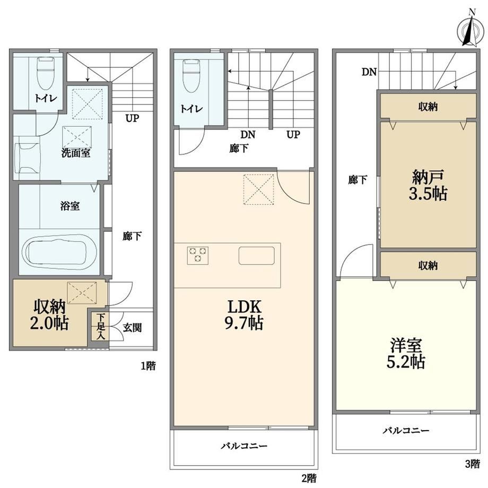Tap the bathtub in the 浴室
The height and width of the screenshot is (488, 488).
click(x=56, y=250)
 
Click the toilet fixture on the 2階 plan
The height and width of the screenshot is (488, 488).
click(x=191, y=76)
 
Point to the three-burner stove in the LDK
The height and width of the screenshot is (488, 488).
click(x=198, y=256)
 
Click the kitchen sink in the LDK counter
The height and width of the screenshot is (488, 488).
click(x=257, y=256)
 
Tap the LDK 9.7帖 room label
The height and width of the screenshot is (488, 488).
click(x=245, y=315)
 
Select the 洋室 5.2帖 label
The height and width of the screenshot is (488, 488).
click(x=406, y=353)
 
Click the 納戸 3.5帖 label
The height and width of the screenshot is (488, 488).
click(x=428, y=185)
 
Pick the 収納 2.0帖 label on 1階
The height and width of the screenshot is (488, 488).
click(x=49, y=315)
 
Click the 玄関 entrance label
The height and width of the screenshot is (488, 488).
click(x=132, y=327)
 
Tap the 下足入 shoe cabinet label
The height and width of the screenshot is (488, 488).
click(x=101, y=326)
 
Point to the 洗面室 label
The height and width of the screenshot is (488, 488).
click(x=76, y=153)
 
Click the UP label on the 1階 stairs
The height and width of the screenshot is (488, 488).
click(x=132, y=118)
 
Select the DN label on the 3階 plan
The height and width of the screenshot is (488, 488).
click(x=369, y=72)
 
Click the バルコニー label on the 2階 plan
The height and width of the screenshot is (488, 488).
click(x=245, y=446)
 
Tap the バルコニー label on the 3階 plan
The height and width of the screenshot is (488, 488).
click(x=406, y=430)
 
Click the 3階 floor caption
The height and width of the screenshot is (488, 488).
click(x=473, y=464)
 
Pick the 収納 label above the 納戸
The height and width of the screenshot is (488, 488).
click(x=428, y=107)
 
